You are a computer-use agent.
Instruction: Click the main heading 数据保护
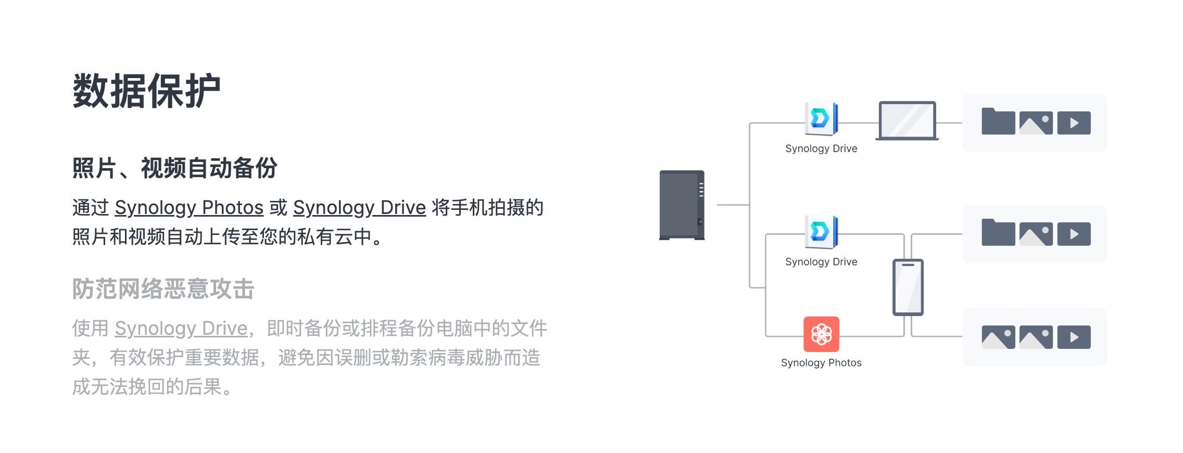(146, 91)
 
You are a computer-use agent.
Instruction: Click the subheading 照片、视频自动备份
(174, 168)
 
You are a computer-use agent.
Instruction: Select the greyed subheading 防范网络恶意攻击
(163, 289)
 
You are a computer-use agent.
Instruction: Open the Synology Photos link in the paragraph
(189, 208)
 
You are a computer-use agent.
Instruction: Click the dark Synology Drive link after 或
(359, 208)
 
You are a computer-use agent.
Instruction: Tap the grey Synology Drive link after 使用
(181, 329)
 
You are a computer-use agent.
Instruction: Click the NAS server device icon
(682, 205)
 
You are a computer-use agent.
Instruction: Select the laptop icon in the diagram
(907, 121)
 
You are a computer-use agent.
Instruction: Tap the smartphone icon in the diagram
(908, 287)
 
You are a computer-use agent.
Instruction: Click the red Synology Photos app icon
(821, 334)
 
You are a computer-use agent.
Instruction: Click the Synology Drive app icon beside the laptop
(821, 118)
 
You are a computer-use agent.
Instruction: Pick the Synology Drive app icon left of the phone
(821, 231)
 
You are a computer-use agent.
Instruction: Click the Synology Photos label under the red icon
(821, 363)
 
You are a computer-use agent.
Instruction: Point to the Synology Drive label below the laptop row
(821, 149)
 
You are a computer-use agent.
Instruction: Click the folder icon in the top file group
(998, 122)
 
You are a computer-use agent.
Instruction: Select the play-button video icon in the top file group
(1074, 123)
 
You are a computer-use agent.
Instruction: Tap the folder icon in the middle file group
(998, 233)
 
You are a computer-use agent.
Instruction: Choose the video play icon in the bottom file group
(1074, 337)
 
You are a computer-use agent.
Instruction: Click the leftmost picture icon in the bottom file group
(998, 337)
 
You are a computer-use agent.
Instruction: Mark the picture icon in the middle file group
(1036, 234)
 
